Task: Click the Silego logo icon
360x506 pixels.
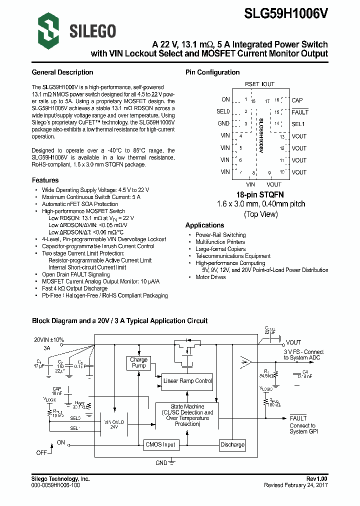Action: click(x=48, y=30)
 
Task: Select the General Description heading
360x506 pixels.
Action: click(x=62, y=72)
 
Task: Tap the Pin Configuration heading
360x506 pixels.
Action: click(x=212, y=72)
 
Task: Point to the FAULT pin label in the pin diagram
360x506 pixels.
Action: click(x=300, y=112)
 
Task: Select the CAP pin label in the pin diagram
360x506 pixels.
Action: click(x=297, y=100)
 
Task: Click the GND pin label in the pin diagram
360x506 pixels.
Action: click(x=223, y=123)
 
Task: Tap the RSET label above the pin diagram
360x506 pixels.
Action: click(x=252, y=84)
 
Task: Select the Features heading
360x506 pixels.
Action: click(x=45, y=180)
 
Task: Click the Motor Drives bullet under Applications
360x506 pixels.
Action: click(x=210, y=277)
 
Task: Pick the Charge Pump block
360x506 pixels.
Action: click(x=138, y=362)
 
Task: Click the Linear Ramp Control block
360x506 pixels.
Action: click(x=187, y=381)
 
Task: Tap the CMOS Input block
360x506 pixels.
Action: click(x=160, y=444)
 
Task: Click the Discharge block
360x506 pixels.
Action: click(x=232, y=444)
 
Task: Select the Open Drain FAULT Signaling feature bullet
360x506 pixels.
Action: click(x=76, y=274)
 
